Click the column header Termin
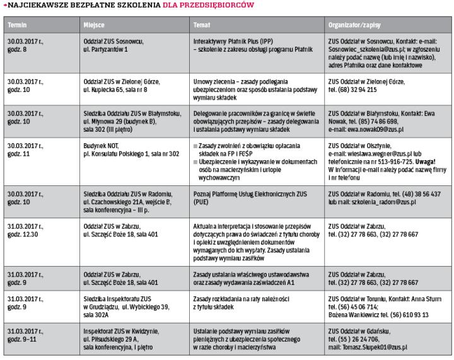(x=16, y=25)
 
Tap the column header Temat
(x=202, y=25)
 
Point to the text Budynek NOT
(x=101, y=146)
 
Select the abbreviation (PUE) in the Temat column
(x=201, y=203)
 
